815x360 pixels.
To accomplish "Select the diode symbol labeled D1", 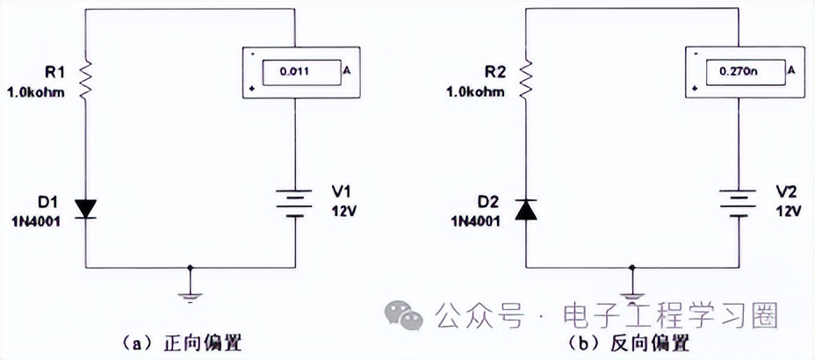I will (x=86, y=208).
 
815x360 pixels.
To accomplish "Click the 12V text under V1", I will (x=345, y=212).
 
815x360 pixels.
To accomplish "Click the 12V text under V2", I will (x=786, y=212).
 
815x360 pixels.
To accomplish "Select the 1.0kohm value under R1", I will (x=36, y=91).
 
